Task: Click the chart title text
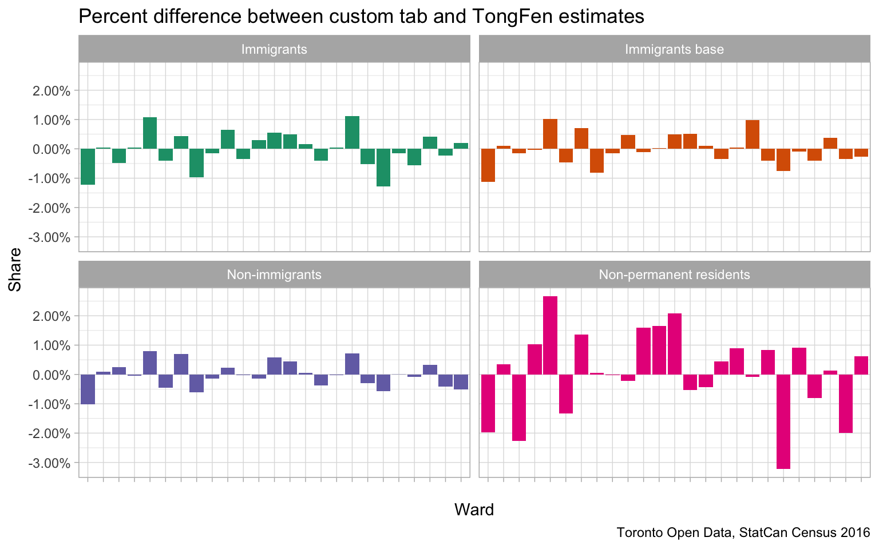pos(361,17)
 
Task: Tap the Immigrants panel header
pos(274,49)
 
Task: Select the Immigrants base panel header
pos(674,49)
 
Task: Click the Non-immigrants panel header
pos(274,274)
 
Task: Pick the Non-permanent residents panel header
pos(674,274)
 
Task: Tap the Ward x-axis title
pos(474,510)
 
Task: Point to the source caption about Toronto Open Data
pos(743,533)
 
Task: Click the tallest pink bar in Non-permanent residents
pos(550,335)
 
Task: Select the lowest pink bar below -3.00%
pos(783,421)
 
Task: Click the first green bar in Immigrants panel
pos(88,166)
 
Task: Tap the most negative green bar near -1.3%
pos(383,168)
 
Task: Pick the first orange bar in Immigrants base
pos(488,165)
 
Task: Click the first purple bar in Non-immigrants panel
pos(88,389)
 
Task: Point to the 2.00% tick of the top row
pos(52,91)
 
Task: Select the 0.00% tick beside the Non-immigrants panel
pos(52,375)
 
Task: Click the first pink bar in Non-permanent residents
pos(488,403)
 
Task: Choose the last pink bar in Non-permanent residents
pos(861,365)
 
